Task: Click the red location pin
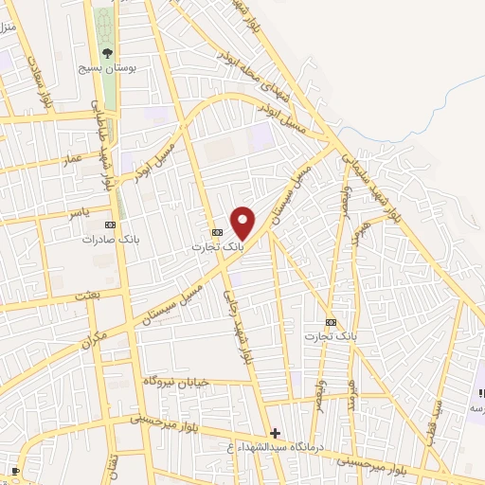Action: pyautogui.click(x=243, y=221)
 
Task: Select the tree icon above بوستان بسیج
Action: pyautogui.click(x=107, y=53)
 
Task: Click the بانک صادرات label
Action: pyautogui.click(x=105, y=240)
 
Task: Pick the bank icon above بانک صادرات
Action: pyautogui.click(x=110, y=225)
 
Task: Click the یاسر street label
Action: pyautogui.click(x=76, y=215)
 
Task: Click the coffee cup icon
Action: pyautogui.click(x=16, y=470)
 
